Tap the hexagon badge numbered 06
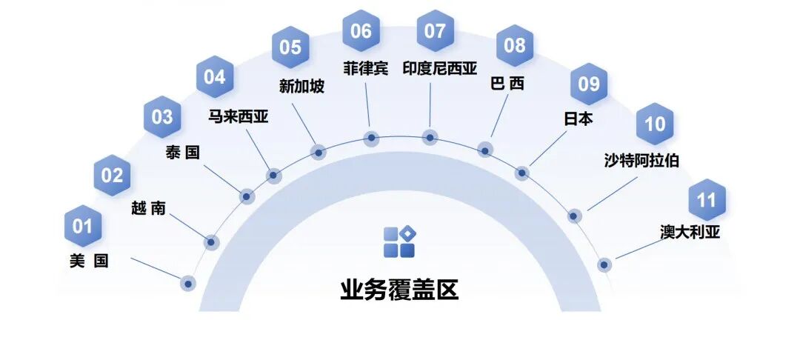point(361,31)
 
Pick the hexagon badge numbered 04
point(215,76)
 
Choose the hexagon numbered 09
point(589,84)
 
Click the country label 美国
point(89,261)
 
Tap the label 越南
point(147,209)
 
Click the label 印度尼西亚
point(439,69)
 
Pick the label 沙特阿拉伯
point(641,160)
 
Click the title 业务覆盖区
point(399,290)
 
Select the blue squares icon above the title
point(399,242)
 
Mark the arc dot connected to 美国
point(188,283)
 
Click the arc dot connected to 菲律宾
point(372,138)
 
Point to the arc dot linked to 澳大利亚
point(604,264)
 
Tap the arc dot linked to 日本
point(522,173)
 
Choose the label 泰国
point(182,153)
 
